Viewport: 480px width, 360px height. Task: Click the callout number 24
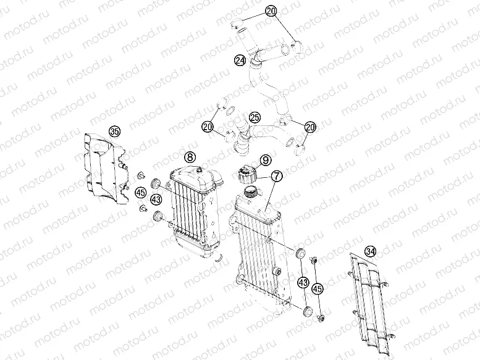(240, 60)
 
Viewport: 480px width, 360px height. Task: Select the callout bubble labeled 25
(254, 117)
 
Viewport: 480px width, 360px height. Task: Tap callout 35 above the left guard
(113, 131)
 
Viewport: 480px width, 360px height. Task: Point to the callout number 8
(190, 157)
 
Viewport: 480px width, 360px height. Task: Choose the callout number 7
(276, 177)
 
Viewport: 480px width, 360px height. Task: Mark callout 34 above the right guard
(370, 251)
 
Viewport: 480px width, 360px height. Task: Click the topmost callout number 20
(271, 10)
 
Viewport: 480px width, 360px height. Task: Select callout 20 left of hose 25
(208, 127)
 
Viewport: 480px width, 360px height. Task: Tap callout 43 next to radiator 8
(156, 199)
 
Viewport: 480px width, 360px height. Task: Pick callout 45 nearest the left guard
(141, 193)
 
